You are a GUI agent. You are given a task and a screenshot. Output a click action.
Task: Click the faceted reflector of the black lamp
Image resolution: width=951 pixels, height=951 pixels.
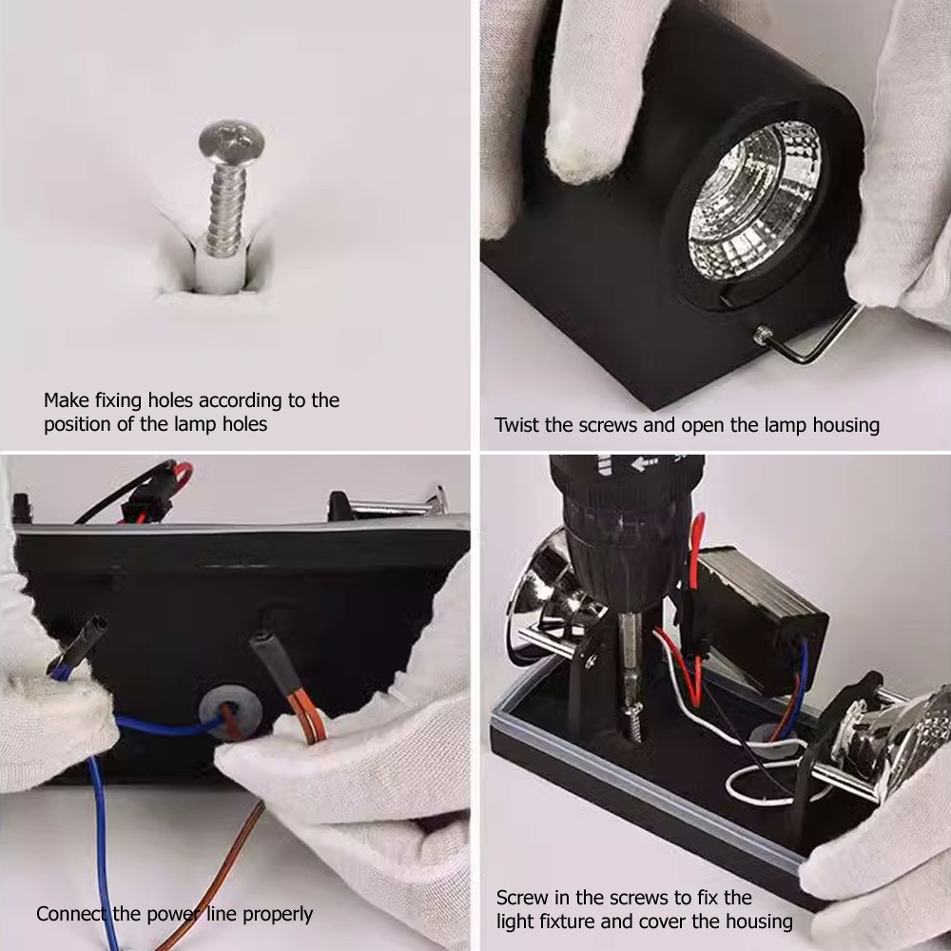coord(754,199)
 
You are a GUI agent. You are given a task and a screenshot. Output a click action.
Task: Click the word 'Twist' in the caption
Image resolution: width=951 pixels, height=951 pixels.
coord(517,424)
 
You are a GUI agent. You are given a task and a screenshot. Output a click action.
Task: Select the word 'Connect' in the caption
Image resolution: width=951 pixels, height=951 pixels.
coord(71,913)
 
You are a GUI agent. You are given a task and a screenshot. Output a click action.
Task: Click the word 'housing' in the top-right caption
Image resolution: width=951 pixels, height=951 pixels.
coord(845,424)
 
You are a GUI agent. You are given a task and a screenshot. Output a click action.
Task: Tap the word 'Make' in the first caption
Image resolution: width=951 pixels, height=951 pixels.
coord(67,400)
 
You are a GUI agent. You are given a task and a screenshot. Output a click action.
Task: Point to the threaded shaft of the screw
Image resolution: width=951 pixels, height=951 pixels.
coord(225,210)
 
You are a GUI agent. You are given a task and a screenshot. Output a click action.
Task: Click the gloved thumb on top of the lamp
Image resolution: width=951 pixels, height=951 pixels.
coord(587,97)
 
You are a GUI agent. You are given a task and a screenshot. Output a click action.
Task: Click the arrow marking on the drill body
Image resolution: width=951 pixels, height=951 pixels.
coord(642,464)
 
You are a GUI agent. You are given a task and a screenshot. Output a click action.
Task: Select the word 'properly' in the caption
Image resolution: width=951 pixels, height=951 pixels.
coord(277,915)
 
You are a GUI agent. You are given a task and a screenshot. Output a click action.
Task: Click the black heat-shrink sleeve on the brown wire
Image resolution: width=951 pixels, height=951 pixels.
coord(277,660)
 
